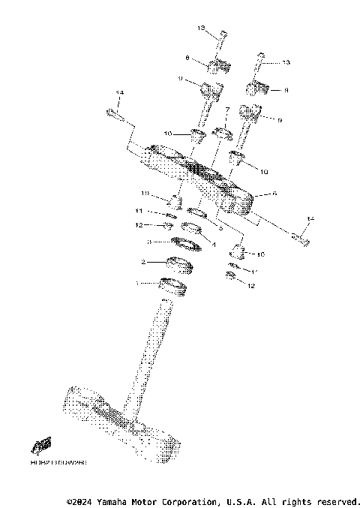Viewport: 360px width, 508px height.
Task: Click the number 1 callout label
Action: click(x=136, y=284)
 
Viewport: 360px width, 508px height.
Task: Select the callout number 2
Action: click(x=143, y=262)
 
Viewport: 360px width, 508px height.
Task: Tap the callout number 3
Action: click(x=149, y=242)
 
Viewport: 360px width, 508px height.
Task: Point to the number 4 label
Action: click(x=213, y=244)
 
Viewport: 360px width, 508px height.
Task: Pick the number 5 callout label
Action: click(x=220, y=227)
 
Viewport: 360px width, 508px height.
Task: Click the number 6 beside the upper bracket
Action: click(x=274, y=194)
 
